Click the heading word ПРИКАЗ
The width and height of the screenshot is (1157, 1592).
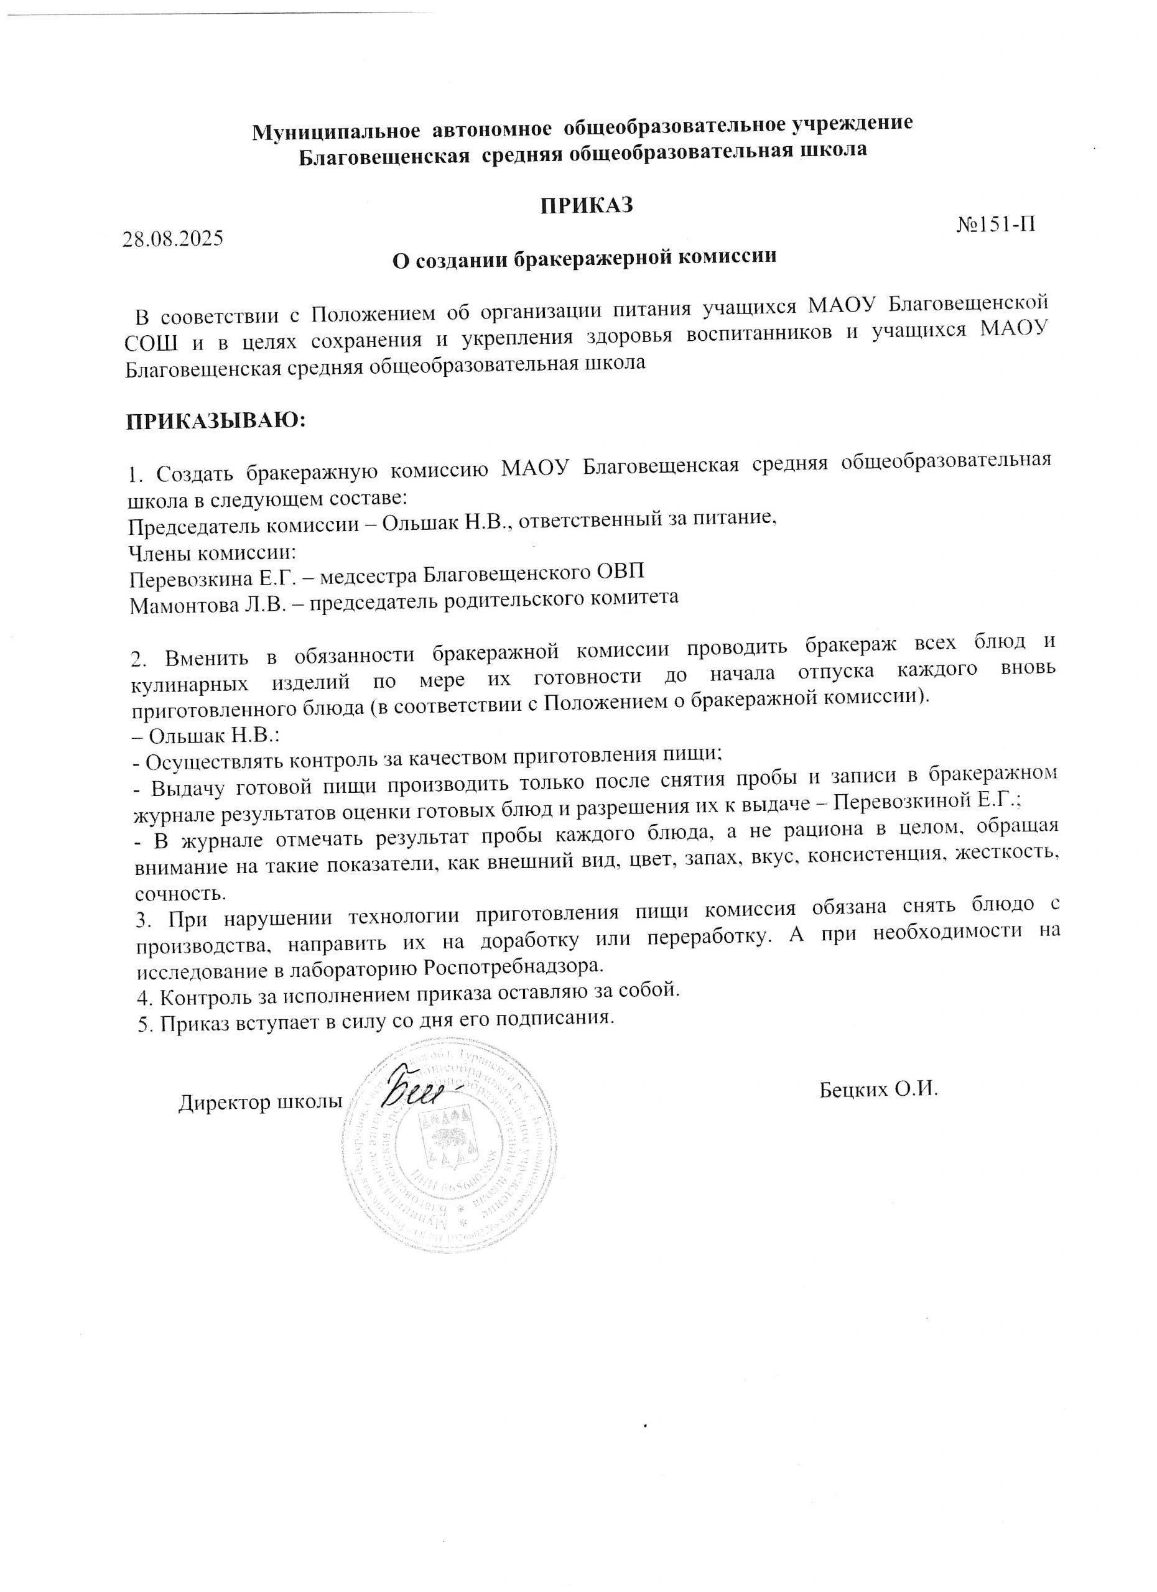coord(586,206)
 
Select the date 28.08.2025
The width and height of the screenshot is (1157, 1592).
coord(173,239)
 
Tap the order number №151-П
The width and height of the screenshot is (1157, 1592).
coord(995,224)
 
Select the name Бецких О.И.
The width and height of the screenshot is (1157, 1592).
coord(878,1090)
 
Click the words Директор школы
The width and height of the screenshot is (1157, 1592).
coord(260,1103)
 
